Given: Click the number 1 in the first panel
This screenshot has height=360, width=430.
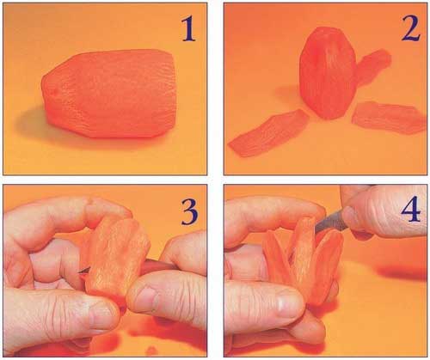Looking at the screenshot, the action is click(188, 28).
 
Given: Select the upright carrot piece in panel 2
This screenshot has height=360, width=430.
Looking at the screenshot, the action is click(328, 73).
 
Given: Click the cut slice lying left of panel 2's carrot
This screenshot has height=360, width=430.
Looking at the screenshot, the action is click(267, 133).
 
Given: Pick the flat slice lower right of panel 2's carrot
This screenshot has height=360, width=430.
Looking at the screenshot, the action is click(389, 118).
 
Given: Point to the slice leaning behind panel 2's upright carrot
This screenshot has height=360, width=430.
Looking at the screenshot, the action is click(372, 66).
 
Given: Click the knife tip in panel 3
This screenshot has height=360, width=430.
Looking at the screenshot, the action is click(80, 272).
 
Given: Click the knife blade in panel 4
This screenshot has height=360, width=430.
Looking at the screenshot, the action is click(329, 221).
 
